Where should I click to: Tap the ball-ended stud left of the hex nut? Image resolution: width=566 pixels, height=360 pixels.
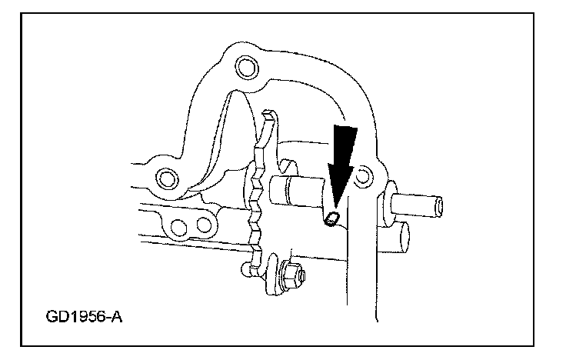[x=246, y=269]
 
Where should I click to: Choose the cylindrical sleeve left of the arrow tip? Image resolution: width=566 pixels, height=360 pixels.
[x=296, y=192]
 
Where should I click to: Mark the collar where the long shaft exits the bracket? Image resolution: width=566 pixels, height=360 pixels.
[x=389, y=202]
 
